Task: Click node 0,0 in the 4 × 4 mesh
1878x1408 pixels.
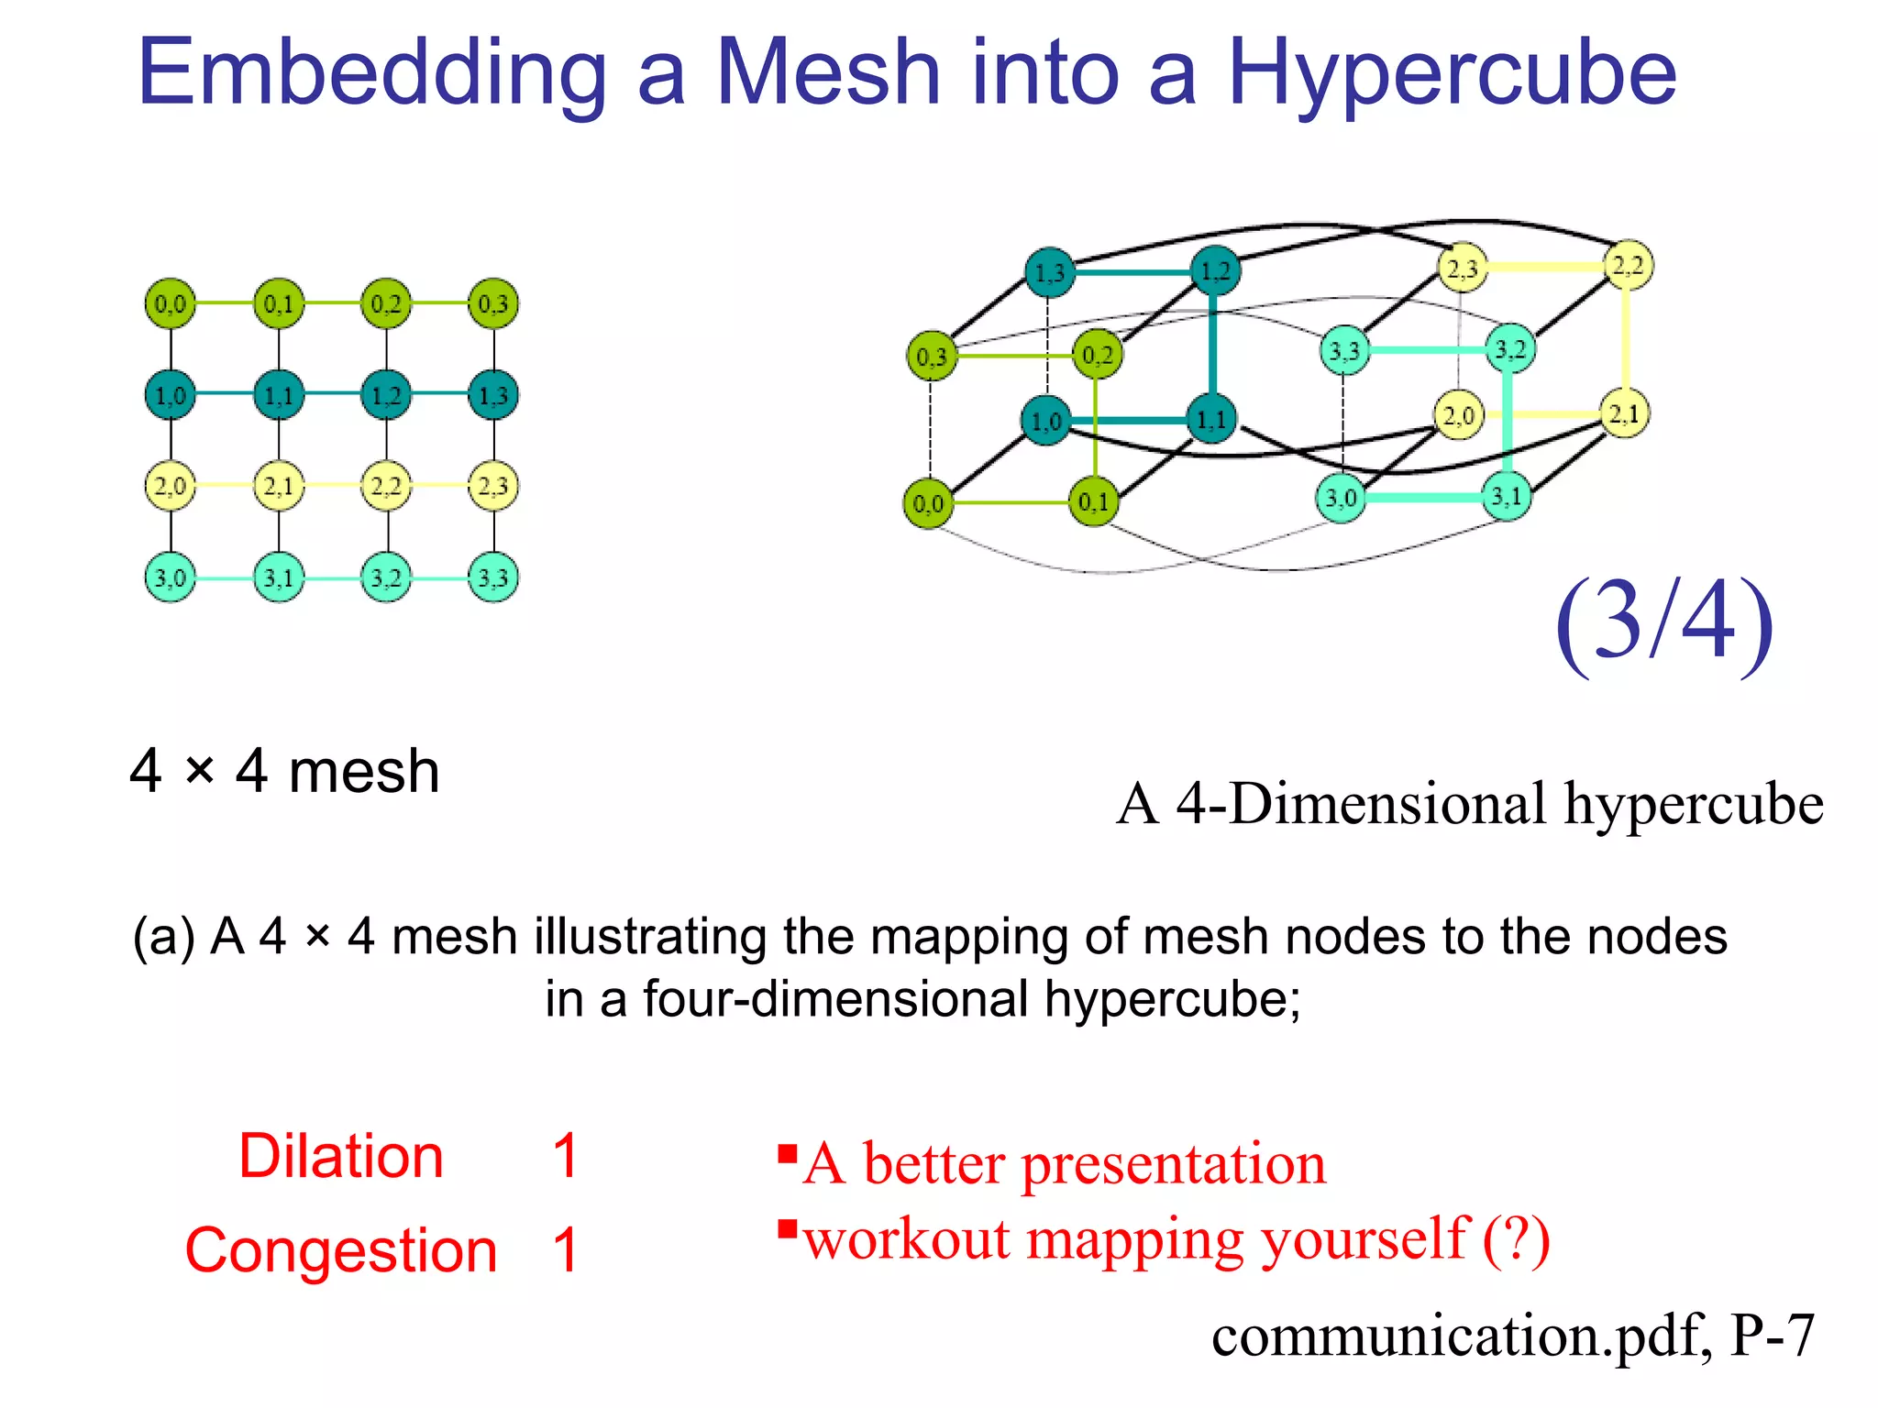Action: click(x=171, y=303)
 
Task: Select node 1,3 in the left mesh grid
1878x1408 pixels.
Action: click(x=493, y=395)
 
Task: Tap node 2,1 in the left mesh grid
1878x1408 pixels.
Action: click(x=279, y=486)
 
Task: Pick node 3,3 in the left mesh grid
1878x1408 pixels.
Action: click(x=493, y=577)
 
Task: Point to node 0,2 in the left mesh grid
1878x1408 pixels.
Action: click(x=386, y=303)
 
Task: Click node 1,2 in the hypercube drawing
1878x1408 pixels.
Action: click(x=1215, y=271)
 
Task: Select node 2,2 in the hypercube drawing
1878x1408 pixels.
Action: click(x=1628, y=266)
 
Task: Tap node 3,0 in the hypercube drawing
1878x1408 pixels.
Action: click(x=1341, y=499)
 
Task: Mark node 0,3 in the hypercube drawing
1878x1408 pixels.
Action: click(x=931, y=356)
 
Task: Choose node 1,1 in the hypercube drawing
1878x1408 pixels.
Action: click(x=1211, y=419)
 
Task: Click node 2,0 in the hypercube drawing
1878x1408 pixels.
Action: click(x=1458, y=415)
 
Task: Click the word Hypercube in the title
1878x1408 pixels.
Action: click(x=1452, y=73)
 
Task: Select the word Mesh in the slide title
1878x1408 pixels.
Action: click(x=828, y=73)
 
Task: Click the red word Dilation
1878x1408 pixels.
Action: click(x=341, y=1156)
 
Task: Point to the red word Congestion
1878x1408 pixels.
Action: click(x=341, y=1250)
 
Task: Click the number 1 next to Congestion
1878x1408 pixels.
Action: click(x=566, y=1250)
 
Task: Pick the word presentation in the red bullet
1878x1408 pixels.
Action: click(x=1174, y=1164)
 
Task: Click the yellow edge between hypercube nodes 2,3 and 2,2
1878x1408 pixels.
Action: click(x=1545, y=267)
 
